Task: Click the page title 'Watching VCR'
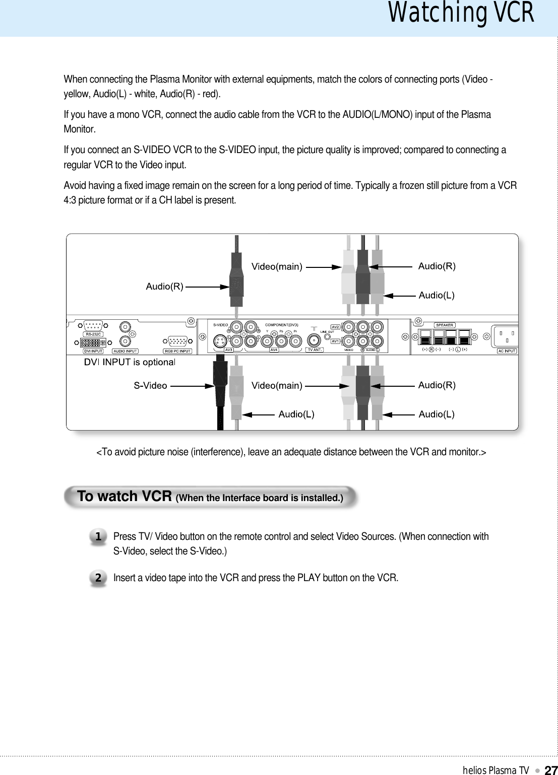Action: (x=461, y=14)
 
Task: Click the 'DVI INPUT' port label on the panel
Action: (x=93, y=351)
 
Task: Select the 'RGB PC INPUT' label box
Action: (x=177, y=351)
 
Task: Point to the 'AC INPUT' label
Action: (x=507, y=350)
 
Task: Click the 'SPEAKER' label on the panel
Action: (x=445, y=325)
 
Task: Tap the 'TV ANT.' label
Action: (x=315, y=349)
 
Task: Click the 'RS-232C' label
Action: (x=93, y=334)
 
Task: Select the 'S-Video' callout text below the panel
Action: (x=150, y=386)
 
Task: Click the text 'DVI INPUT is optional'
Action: (x=129, y=362)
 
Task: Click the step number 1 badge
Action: (x=98, y=537)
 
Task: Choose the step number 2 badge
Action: (x=98, y=578)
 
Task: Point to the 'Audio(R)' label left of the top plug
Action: (x=164, y=287)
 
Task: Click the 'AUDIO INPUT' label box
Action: (x=125, y=351)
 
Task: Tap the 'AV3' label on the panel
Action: (x=228, y=349)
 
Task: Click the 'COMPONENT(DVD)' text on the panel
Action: (x=282, y=325)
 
